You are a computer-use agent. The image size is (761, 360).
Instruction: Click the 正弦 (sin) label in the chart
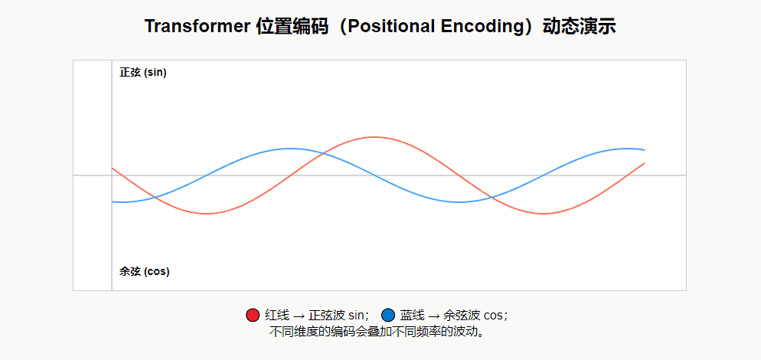click(x=143, y=73)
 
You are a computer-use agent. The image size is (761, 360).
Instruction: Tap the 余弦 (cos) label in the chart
click(x=145, y=271)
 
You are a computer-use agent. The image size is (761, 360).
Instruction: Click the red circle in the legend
click(x=253, y=315)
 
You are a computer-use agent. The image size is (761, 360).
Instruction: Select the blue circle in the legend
click(x=388, y=315)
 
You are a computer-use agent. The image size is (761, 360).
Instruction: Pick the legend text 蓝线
click(x=413, y=315)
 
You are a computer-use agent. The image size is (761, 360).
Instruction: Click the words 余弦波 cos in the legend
click(x=474, y=315)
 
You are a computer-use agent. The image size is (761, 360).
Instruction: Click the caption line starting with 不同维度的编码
click(x=379, y=332)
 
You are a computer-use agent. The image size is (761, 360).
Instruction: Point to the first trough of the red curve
click(x=206, y=214)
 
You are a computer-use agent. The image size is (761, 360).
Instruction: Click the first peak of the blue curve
click(x=290, y=149)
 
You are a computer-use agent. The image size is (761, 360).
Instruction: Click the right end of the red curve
click(x=645, y=163)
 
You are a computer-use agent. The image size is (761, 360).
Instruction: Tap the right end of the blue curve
click(x=645, y=150)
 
